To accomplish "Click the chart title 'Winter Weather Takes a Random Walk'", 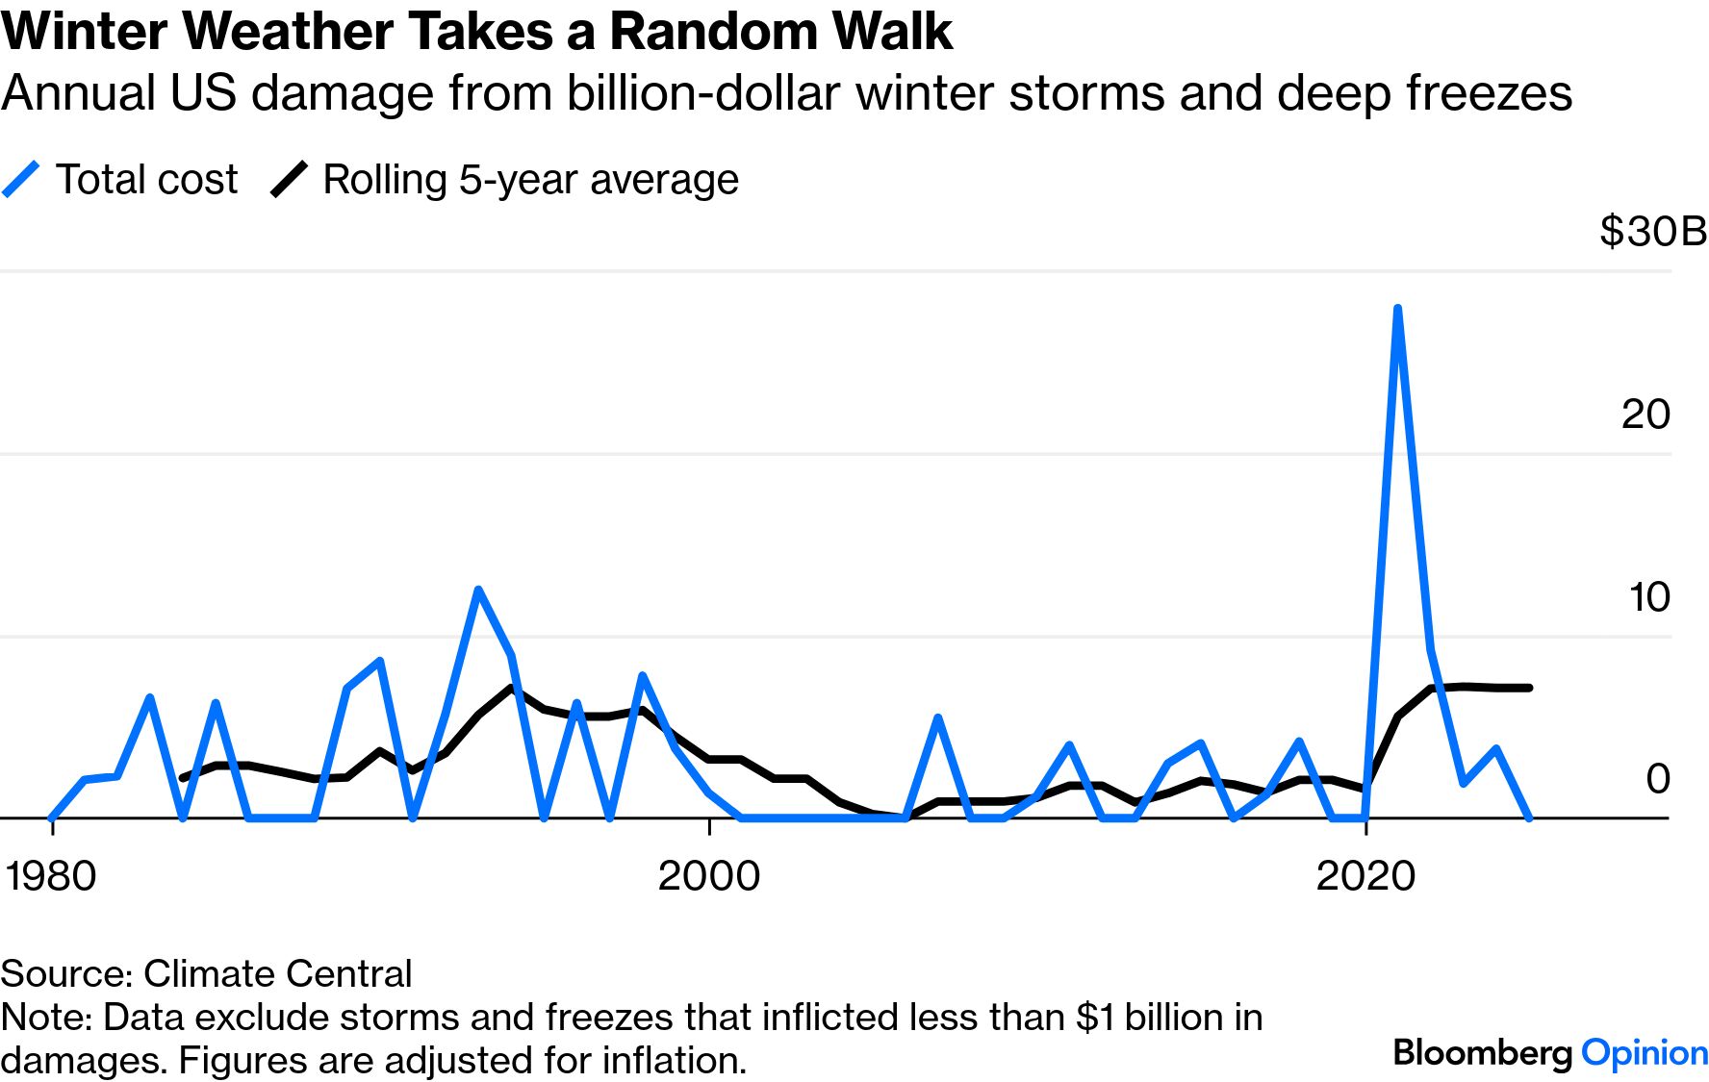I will [476, 31].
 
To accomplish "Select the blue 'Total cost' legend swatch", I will [21, 180].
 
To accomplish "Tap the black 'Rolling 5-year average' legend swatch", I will [289, 180].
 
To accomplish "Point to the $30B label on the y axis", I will [1652, 232].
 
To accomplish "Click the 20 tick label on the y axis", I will [1645, 415].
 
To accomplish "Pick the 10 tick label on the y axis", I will [1648, 597].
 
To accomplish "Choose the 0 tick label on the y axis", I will [1657, 779].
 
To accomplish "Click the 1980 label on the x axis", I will [51, 876].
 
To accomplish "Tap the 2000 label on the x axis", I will [709, 876].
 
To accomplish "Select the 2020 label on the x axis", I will [1365, 876].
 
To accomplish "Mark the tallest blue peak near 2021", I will [1397, 309].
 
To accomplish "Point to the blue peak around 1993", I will [477, 590].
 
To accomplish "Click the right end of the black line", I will [1529, 688].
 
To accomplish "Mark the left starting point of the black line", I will [183, 777].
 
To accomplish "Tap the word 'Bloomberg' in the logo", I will [1483, 1052].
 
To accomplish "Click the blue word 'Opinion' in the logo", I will [1645, 1052].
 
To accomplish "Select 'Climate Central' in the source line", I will [277, 973].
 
